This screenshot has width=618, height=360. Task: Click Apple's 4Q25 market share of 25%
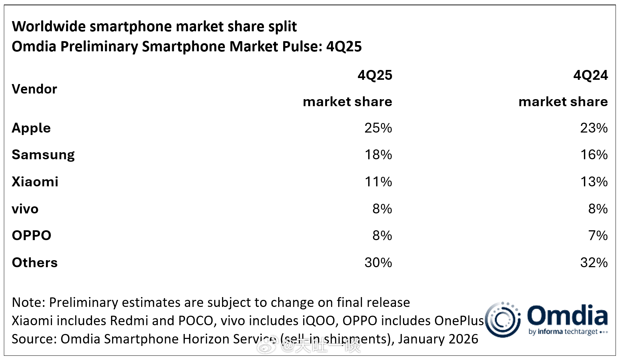point(378,128)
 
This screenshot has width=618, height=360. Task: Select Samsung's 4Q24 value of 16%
point(594,155)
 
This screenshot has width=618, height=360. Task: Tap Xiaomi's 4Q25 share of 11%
point(378,182)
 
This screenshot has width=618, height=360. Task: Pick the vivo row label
point(25,209)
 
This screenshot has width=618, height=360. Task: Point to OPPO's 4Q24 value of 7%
point(598,236)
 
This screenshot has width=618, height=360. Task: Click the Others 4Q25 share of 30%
point(378,263)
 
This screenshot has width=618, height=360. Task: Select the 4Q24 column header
point(590,75)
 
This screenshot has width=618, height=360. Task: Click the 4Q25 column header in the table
point(375,75)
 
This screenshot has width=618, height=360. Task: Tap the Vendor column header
point(34,89)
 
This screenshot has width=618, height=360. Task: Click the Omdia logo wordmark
point(567,315)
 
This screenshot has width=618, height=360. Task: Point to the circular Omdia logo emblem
point(502,319)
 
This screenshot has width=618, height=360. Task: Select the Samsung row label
point(43,155)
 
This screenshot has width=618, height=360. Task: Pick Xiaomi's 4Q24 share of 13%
point(594,182)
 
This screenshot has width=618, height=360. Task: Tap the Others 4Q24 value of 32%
point(594,263)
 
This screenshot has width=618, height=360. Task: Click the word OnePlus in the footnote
point(459,321)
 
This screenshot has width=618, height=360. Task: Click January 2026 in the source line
point(438,339)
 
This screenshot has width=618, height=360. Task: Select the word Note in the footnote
point(27,302)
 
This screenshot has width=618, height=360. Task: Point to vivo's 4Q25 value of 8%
point(382,209)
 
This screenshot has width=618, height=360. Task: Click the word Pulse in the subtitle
point(302,46)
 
